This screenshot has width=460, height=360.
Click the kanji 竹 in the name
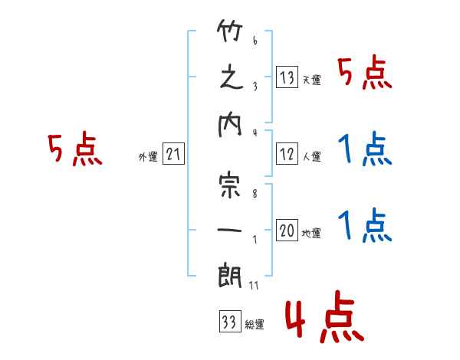pos(230,30)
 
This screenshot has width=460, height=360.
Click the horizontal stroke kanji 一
pos(230,230)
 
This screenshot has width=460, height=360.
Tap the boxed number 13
pos(287,77)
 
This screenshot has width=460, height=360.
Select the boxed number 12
pos(287,154)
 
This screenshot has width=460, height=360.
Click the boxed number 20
pos(287,230)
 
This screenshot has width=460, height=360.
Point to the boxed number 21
pos(173,154)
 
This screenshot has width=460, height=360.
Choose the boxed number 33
pos(230,321)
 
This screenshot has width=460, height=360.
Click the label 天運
pos(312,80)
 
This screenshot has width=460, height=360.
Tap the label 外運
pos(148,156)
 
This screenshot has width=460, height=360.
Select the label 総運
pos(255,324)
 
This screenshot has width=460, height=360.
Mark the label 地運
pos(311,234)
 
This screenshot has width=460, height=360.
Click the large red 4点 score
pos(325,316)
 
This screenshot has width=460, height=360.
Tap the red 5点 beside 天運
pos(365,74)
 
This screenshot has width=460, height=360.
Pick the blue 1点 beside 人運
pos(365,149)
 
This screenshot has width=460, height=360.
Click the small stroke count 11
pos(254,285)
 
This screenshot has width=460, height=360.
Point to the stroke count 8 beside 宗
pos(255,194)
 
